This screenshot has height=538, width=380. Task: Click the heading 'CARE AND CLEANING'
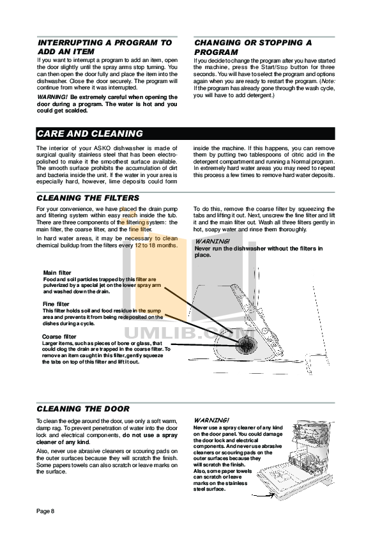coord(89,134)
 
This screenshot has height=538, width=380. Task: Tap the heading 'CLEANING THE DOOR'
coord(83,409)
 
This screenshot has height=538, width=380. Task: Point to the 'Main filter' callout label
coord(57,273)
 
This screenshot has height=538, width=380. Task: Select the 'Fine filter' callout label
coord(56,304)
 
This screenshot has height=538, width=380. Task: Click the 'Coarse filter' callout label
coord(59,336)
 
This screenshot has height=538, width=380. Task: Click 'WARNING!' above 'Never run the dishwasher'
coord(211,242)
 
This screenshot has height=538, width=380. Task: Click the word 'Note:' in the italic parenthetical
coord(326,82)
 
